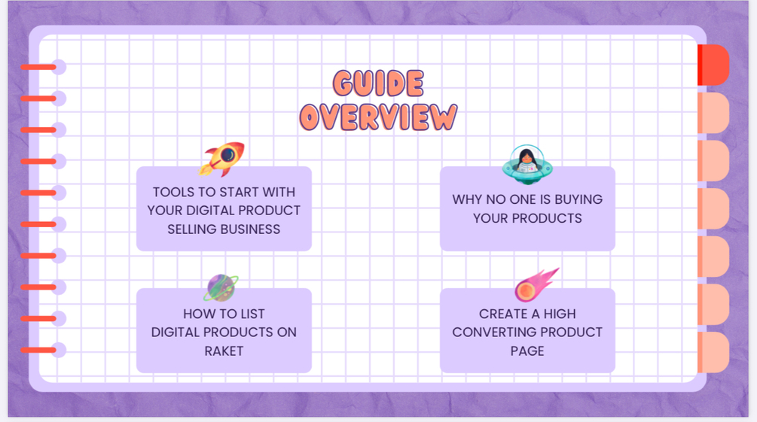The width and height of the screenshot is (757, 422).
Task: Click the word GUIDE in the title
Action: click(378, 83)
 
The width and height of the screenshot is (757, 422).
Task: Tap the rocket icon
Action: click(223, 158)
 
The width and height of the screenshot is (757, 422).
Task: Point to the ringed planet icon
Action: click(222, 287)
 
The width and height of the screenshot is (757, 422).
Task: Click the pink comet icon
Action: click(536, 285)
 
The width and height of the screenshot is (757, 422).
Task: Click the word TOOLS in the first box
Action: click(172, 193)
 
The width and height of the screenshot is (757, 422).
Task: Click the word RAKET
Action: click(224, 351)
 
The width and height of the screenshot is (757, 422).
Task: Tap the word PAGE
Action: click(527, 351)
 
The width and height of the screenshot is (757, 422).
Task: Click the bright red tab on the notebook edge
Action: click(713, 65)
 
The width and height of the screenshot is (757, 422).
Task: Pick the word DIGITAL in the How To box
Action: click(178, 332)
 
